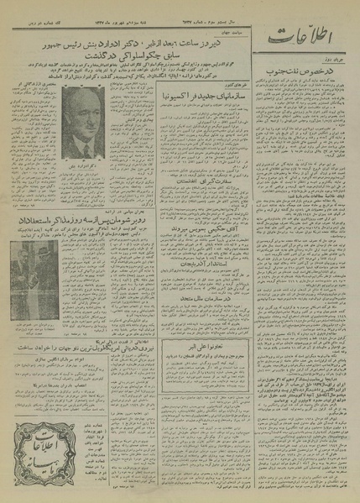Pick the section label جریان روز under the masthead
pyautogui.click(x=331, y=63)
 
